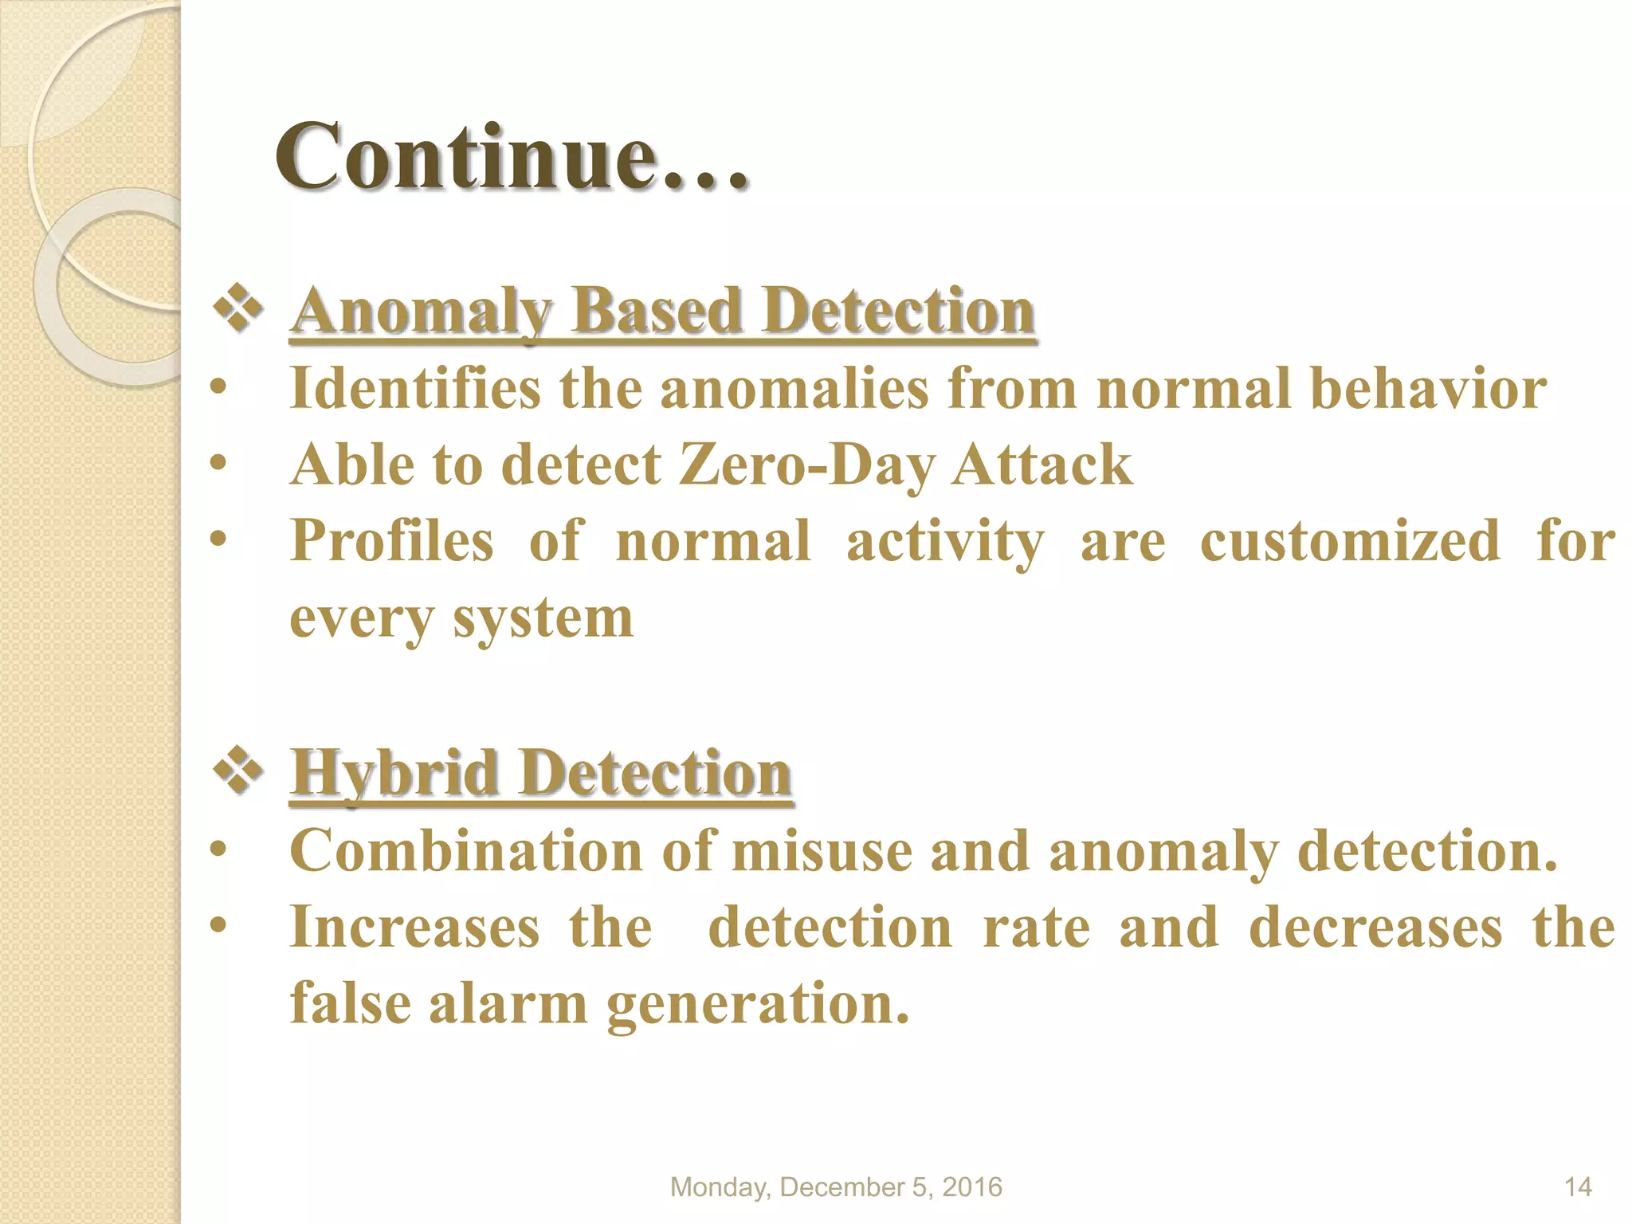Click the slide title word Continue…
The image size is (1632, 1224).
tap(512, 156)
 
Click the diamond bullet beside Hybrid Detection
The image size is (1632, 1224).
tap(238, 771)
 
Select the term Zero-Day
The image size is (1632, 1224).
tap(806, 465)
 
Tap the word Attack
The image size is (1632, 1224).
tap(1042, 465)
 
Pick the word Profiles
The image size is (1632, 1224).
tap(392, 541)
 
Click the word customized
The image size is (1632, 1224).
tap(1350, 541)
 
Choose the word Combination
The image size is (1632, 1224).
tap(466, 850)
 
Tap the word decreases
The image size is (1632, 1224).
tap(1375, 927)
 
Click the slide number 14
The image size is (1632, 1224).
tap(1578, 1187)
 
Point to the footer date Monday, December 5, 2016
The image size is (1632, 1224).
tap(836, 1187)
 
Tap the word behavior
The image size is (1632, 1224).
tap(1428, 389)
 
